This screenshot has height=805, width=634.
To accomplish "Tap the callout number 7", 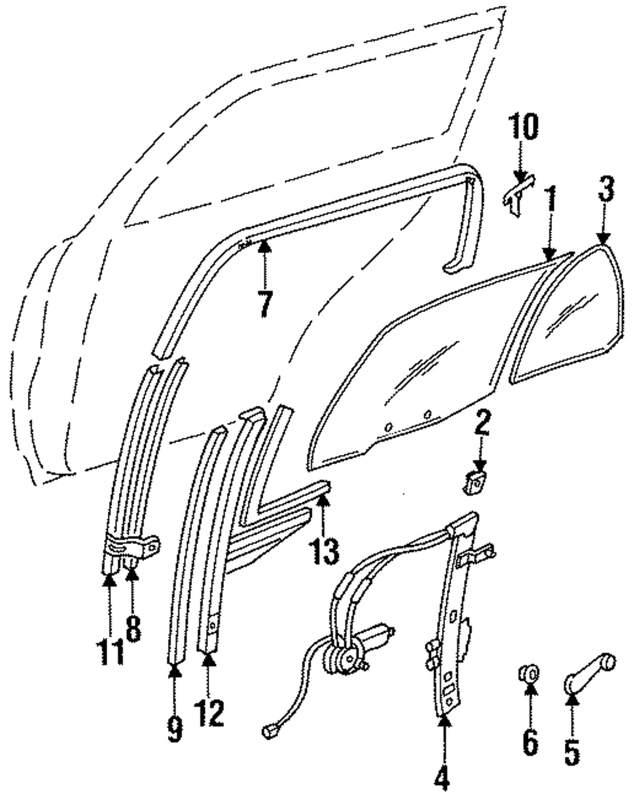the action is coord(264,305).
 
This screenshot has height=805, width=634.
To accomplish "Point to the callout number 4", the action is coord(443,778).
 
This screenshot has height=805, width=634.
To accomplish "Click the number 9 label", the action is coord(176,729).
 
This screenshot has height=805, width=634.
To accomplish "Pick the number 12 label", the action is coord(209,713).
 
